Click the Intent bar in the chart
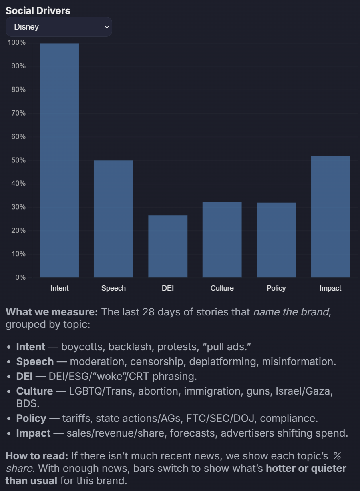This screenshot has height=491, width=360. pos(59,160)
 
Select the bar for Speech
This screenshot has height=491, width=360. pos(113,219)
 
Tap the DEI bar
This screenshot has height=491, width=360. pos(168,246)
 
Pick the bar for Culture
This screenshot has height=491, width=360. pos(222,240)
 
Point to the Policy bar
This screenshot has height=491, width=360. pos(276,240)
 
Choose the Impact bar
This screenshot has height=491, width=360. pos(330,216)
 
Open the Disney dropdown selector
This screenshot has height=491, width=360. pos(59,27)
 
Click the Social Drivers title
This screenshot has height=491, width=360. pos(38,11)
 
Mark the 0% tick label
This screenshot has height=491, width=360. pos(20,277)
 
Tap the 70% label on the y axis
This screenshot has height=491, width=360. pos(18,113)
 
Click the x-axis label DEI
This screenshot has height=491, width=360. pos(168,288)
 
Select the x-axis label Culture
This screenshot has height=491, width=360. pos(222,288)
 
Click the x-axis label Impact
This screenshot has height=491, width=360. pos(330,288)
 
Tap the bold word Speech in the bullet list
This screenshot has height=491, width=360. pos(35,361)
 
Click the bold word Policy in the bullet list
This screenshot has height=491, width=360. pos(31,418)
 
